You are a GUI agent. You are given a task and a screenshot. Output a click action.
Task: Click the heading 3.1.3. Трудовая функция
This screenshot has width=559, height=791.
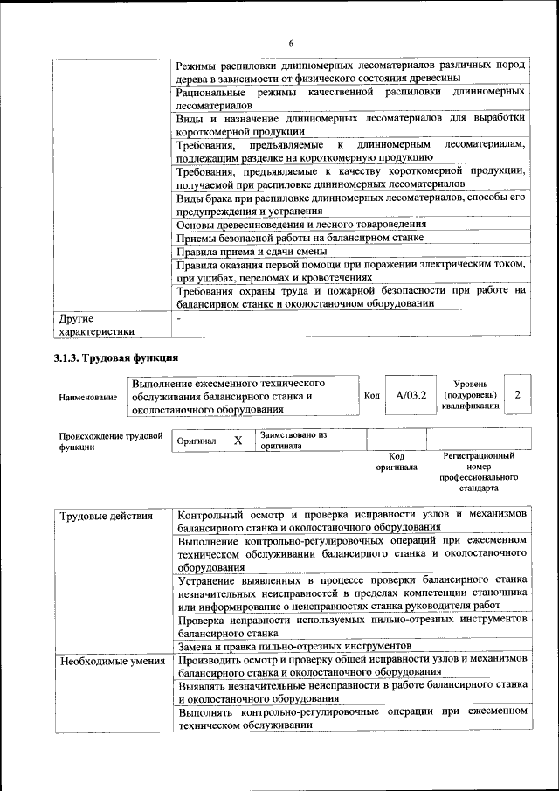pos(116,357)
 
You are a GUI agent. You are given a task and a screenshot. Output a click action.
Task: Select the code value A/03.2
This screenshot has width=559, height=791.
pos(410,396)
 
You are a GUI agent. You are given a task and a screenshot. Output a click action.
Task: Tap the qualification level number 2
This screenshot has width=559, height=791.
pos(518,395)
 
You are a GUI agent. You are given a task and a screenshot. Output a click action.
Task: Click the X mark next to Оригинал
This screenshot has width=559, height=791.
pos(238,441)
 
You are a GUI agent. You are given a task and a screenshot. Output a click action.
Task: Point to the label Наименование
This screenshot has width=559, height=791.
pos(88,397)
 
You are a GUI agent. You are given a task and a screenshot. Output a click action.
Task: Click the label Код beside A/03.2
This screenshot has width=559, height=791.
pos(371,396)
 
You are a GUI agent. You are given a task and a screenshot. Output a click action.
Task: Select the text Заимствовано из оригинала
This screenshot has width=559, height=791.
pos(293,440)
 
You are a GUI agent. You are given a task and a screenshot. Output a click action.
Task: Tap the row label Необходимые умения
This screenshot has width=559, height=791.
pos(113,661)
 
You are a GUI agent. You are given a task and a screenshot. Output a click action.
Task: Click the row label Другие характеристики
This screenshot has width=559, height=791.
pos(96,324)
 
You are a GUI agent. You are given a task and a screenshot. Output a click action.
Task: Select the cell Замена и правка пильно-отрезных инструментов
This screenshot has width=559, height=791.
pos(287,646)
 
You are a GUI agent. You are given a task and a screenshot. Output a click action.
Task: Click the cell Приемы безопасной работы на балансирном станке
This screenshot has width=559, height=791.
pos(300,237)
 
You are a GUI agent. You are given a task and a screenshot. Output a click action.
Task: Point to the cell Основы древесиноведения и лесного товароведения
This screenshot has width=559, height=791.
pos(302,224)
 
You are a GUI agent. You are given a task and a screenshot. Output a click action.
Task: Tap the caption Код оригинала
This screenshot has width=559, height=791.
pos(397,461)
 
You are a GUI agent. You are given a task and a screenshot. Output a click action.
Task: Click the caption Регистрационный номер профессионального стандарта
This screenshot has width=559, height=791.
pos(479,472)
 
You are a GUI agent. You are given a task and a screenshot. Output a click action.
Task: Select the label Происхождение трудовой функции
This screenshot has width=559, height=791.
pos(111,440)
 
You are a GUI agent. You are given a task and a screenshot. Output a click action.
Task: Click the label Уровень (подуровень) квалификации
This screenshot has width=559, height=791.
pos(470,395)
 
